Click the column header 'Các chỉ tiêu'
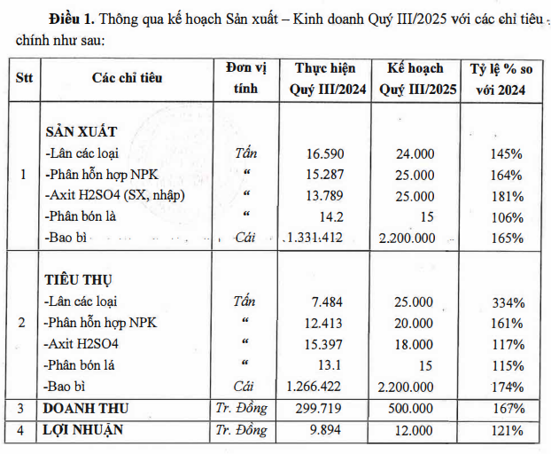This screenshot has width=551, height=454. click(127, 78)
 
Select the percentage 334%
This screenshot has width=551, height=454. click(506, 301)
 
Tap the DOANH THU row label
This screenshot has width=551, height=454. click(87, 408)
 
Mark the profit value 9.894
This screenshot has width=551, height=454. click(313, 430)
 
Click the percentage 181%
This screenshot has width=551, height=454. click(506, 195)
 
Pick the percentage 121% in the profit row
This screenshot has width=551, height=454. click(506, 430)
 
